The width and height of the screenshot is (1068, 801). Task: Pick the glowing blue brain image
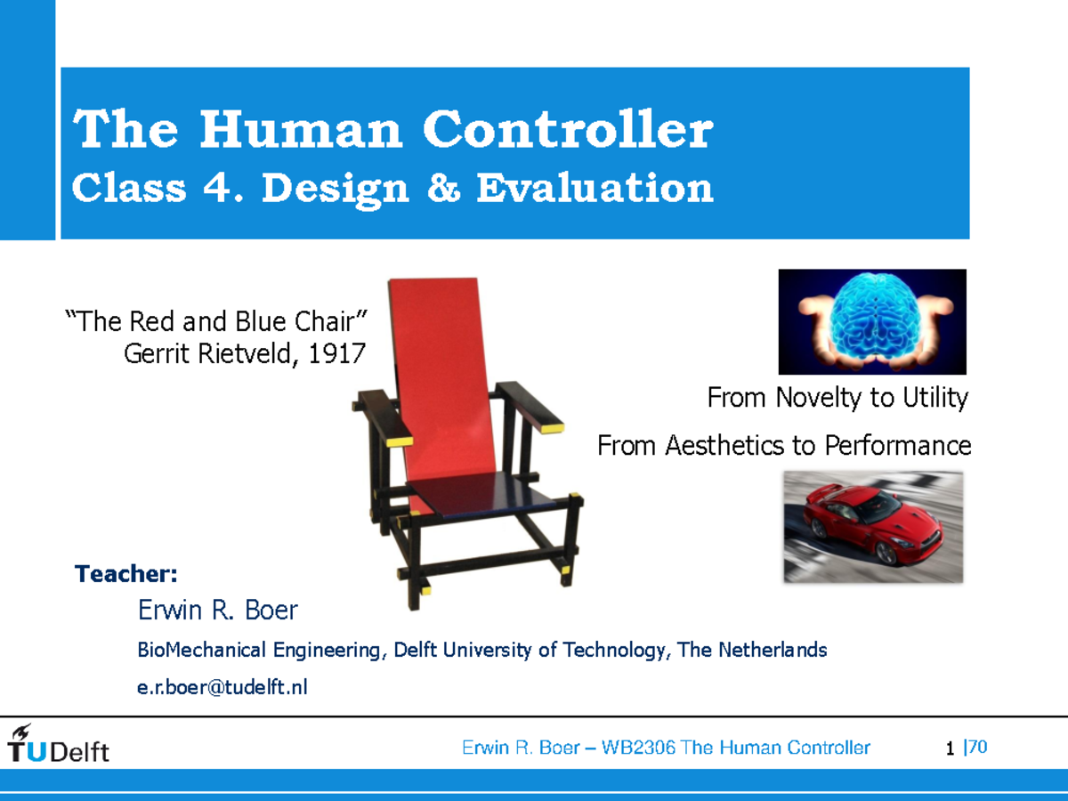[x=872, y=321]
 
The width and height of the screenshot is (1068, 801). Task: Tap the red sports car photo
[x=872, y=527]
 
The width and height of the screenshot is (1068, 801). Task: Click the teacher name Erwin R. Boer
[x=217, y=611]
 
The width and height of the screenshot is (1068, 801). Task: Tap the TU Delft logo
[x=58, y=746]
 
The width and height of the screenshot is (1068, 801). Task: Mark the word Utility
[x=934, y=399]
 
